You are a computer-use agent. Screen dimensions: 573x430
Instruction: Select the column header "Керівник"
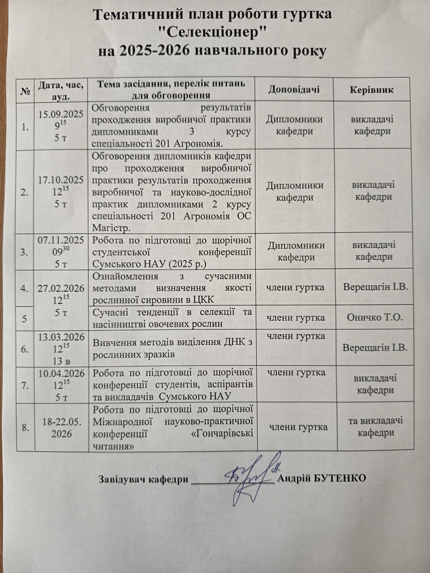[x=372, y=90]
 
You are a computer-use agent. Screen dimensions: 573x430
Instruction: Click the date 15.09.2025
[x=61, y=114]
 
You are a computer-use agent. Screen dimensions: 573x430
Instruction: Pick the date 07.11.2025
[x=61, y=240]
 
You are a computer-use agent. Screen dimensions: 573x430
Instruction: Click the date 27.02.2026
[x=61, y=288]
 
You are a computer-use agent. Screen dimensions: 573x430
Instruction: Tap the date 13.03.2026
[x=61, y=337]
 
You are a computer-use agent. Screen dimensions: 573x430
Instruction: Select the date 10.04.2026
[x=61, y=373]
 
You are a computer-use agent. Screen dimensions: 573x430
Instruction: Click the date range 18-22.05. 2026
[x=62, y=428]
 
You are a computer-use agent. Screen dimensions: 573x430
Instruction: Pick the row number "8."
[x=25, y=428]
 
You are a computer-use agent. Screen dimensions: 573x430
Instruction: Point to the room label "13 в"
[x=61, y=361]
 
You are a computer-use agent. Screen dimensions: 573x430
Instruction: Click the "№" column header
[x=25, y=90]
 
